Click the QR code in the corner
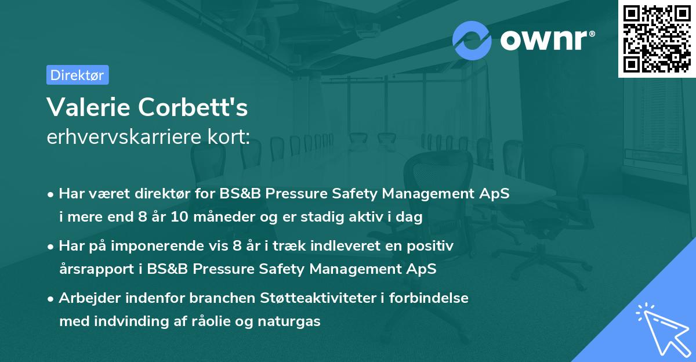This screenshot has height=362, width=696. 656,38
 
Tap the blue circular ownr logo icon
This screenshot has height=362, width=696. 472,40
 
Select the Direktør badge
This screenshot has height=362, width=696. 77,75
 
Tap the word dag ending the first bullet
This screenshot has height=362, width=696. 410,218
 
